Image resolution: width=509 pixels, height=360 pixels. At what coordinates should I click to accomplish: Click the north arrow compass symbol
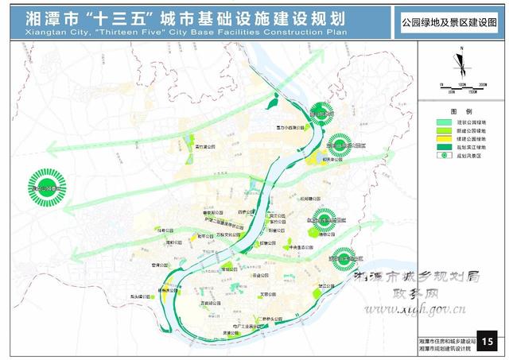point(459,61)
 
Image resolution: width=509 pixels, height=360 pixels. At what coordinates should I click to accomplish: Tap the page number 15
point(488,343)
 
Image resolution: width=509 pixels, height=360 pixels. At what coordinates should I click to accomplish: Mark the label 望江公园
point(326,284)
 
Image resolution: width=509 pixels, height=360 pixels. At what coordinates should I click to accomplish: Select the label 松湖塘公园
point(311,199)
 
